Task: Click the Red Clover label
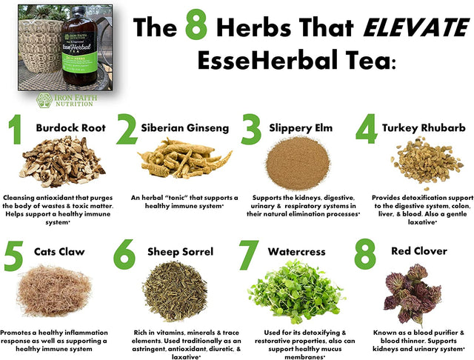click(x=418, y=251)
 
